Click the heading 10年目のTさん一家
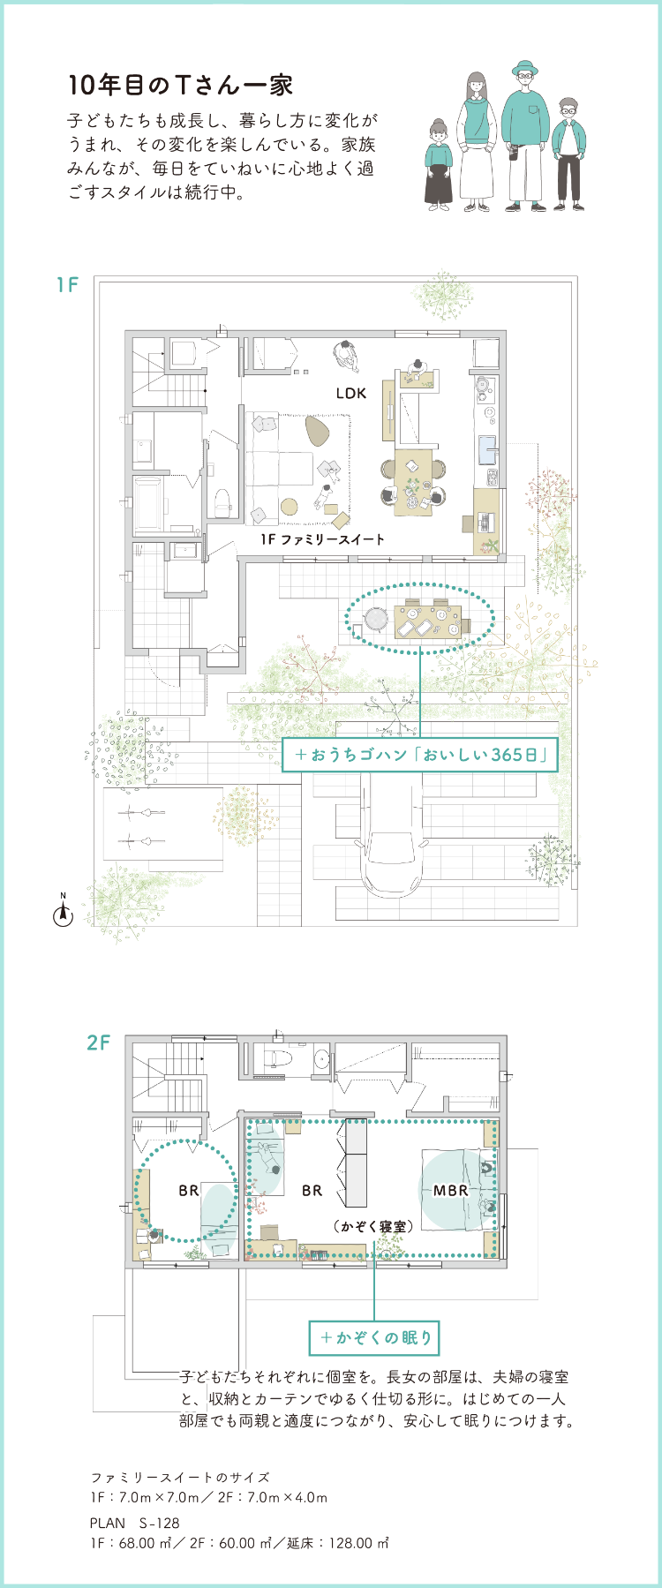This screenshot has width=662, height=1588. [x=180, y=85]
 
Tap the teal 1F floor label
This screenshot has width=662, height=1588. [x=68, y=285]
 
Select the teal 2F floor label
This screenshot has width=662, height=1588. [x=99, y=1042]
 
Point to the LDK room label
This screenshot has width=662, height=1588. [x=350, y=393]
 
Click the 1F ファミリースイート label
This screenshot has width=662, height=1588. [x=322, y=538]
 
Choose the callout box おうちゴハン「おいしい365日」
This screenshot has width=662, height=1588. [x=420, y=755]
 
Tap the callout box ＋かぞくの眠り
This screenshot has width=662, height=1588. [x=374, y=1337]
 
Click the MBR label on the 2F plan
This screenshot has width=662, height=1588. [x=450, y=1190]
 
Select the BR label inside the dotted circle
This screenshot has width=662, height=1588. [x=189, y=1190]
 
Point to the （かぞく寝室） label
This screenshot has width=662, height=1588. [x=374, y=1226]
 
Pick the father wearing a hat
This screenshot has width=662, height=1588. [x=526, y=136]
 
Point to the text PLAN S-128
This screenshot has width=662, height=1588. [x=135, y=1523]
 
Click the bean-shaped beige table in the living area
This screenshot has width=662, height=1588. [x=318, y=429]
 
